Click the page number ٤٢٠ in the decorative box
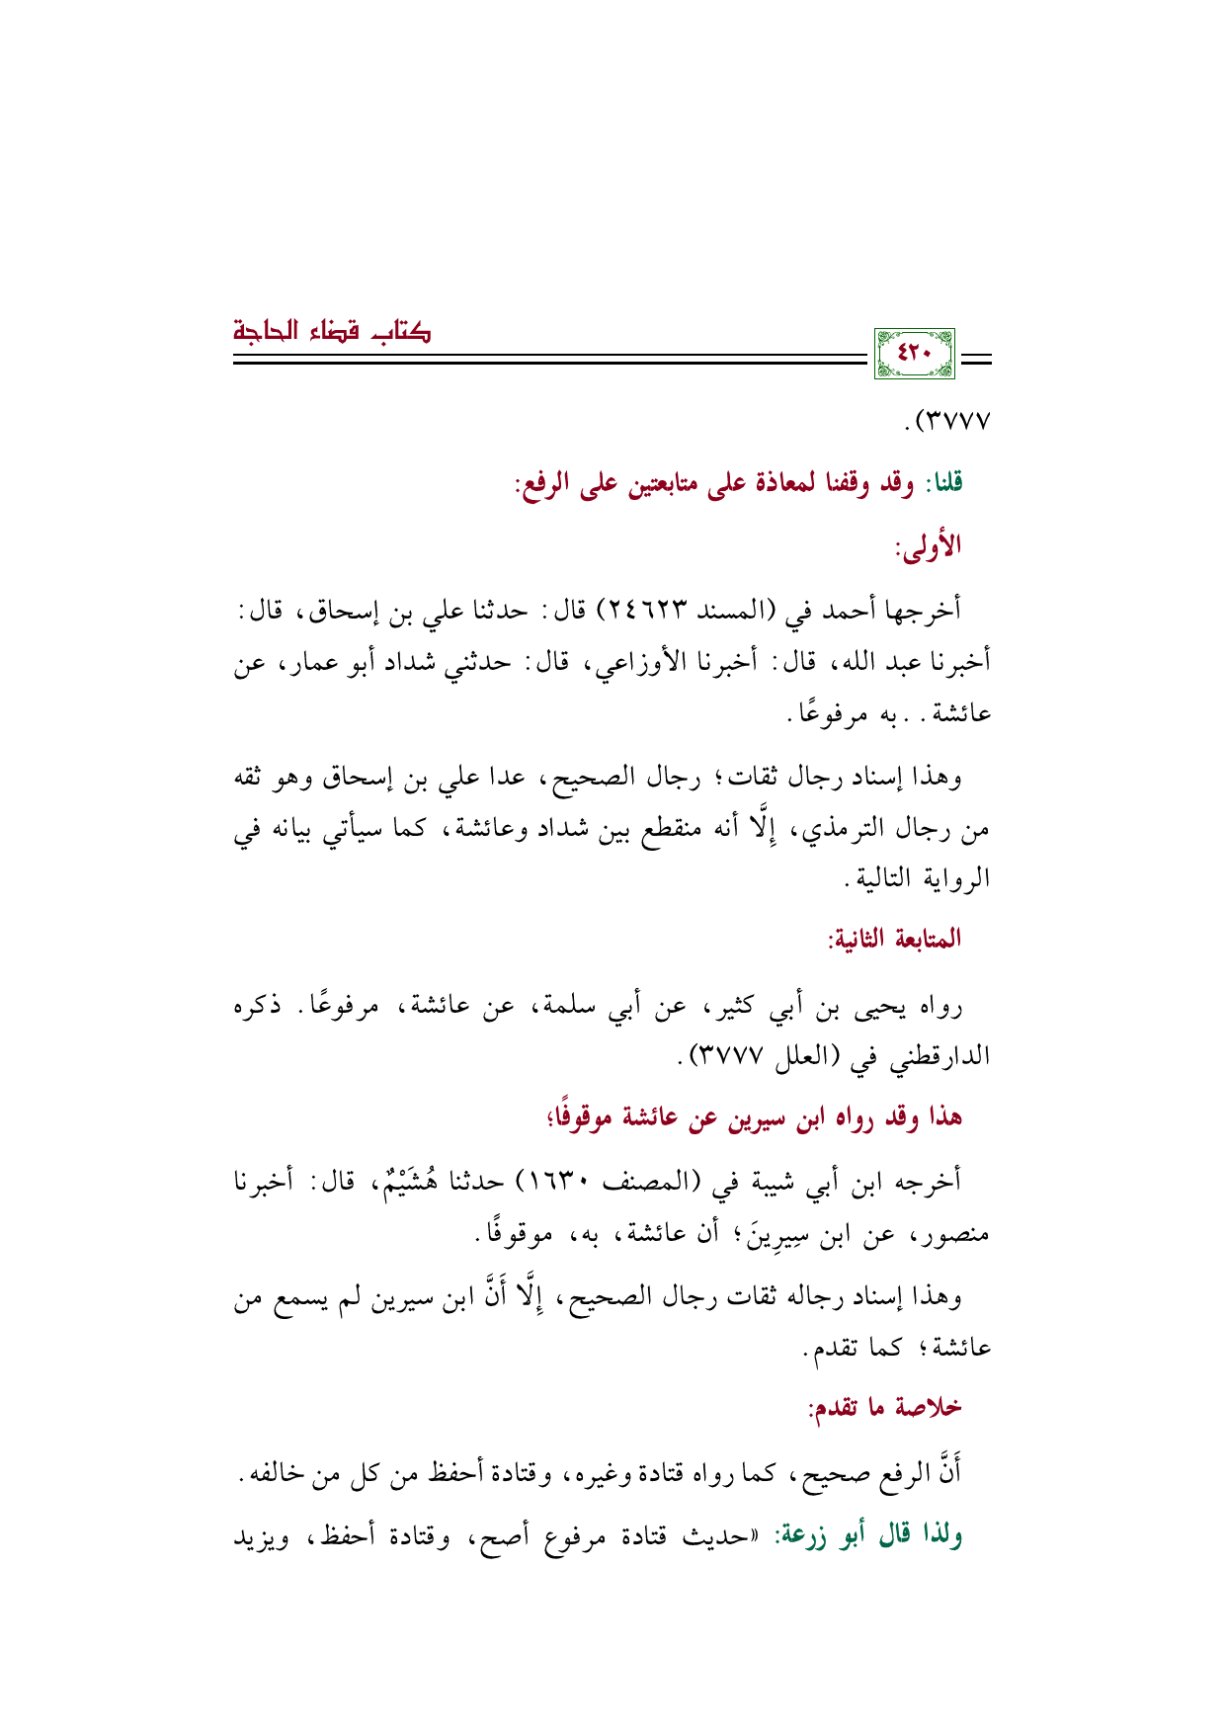tap(915, 354)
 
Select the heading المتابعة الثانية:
tap(895, 939)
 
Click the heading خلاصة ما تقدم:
tap(885, 1407)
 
